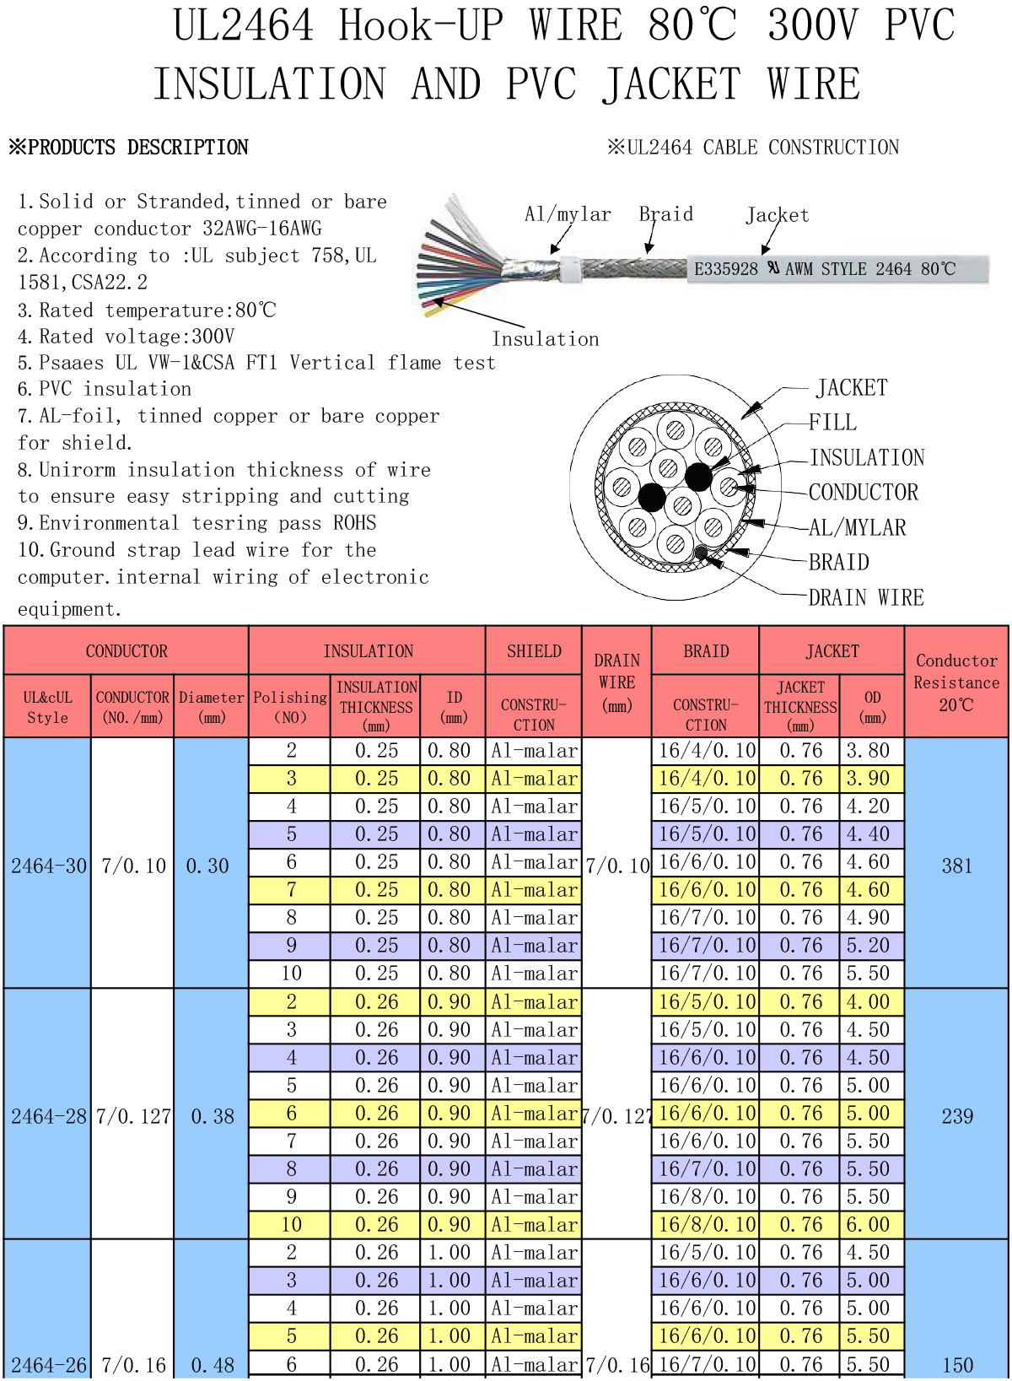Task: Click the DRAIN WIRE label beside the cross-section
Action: point(866,597)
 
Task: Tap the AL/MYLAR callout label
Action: point(858,528)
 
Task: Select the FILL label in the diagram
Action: point(832,423)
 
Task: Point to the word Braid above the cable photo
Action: point(665,214)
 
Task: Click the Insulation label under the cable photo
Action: point(546,338)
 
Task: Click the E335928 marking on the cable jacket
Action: point(726,269)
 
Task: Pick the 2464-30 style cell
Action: point(49,866)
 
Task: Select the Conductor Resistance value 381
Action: point(957,866)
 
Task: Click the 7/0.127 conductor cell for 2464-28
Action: point(133,1116)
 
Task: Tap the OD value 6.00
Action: point(868,1224)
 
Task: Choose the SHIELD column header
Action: point(534,651)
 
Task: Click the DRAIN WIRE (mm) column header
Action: point(617,682)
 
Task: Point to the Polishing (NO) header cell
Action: point(289,707)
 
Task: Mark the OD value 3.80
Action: point(868,750)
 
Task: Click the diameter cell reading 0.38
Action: point(212,1116)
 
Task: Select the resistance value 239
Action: point(957,1116)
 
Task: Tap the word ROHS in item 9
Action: point(354,523)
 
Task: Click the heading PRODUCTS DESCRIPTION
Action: point(138,148)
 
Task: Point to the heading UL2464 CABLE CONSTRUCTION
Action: point(763,148)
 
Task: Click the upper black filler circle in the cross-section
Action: point(699,476)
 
